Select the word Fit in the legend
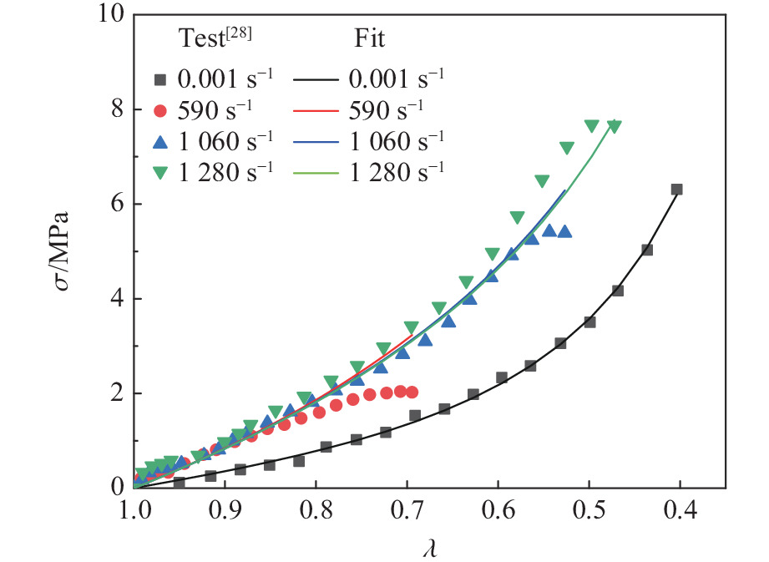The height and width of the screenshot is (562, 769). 362,38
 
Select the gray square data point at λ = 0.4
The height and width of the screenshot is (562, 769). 677,190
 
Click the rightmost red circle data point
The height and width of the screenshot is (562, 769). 412,392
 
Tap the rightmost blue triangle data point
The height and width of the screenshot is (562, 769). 564,231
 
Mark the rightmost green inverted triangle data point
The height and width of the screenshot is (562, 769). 615,126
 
